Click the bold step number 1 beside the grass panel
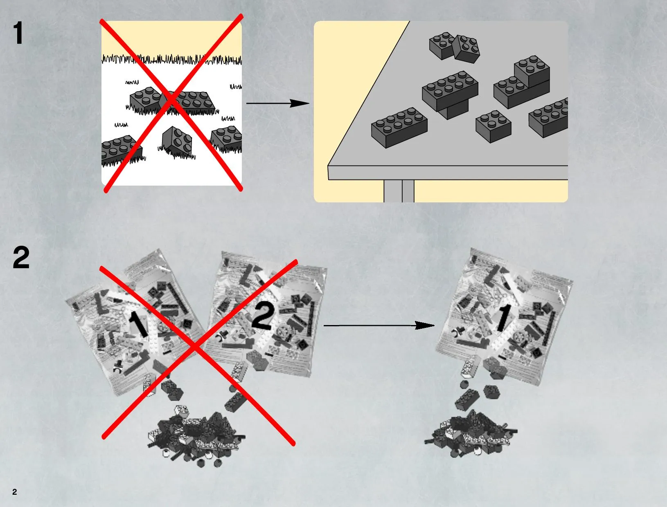tap(18, 33)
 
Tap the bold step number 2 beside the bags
tap(21, 258)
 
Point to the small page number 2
tap(15, 492)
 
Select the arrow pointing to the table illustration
tap(278, 103)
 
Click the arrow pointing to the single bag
tap(379, 325)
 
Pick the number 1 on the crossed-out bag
tap(138, 325)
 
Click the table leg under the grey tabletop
tap(399, 191)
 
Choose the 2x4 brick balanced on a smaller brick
tap(450, 91)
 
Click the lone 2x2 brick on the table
tap(493, 126)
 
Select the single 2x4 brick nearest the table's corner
tap(399, 128)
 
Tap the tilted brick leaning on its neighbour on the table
tap(466, 49)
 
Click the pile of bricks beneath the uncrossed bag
tap(471, 435)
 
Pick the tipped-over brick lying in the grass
tap(177, 141)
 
